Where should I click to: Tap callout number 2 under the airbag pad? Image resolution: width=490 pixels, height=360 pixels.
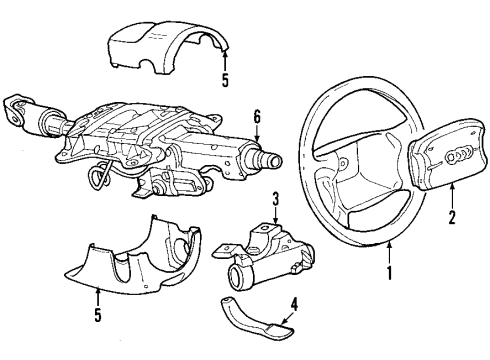point(452,216)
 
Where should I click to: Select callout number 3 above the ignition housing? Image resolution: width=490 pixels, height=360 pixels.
point(275,200)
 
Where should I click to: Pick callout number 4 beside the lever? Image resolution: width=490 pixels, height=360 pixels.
point(293,304)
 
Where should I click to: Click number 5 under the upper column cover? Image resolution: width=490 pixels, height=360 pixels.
point(226,80)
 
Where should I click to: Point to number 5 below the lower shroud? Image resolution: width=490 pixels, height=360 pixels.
point(97,315)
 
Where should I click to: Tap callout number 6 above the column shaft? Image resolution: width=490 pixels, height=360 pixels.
point(256,117)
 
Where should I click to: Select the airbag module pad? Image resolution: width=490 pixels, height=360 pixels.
point(447,153)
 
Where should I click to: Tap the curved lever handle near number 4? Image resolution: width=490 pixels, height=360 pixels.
point(256,316)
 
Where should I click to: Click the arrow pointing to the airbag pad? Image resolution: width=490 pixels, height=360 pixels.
point(452,196)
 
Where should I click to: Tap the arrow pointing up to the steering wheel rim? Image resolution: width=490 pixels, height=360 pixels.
point(389,253)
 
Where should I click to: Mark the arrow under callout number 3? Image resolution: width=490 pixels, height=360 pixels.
point(275,216)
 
